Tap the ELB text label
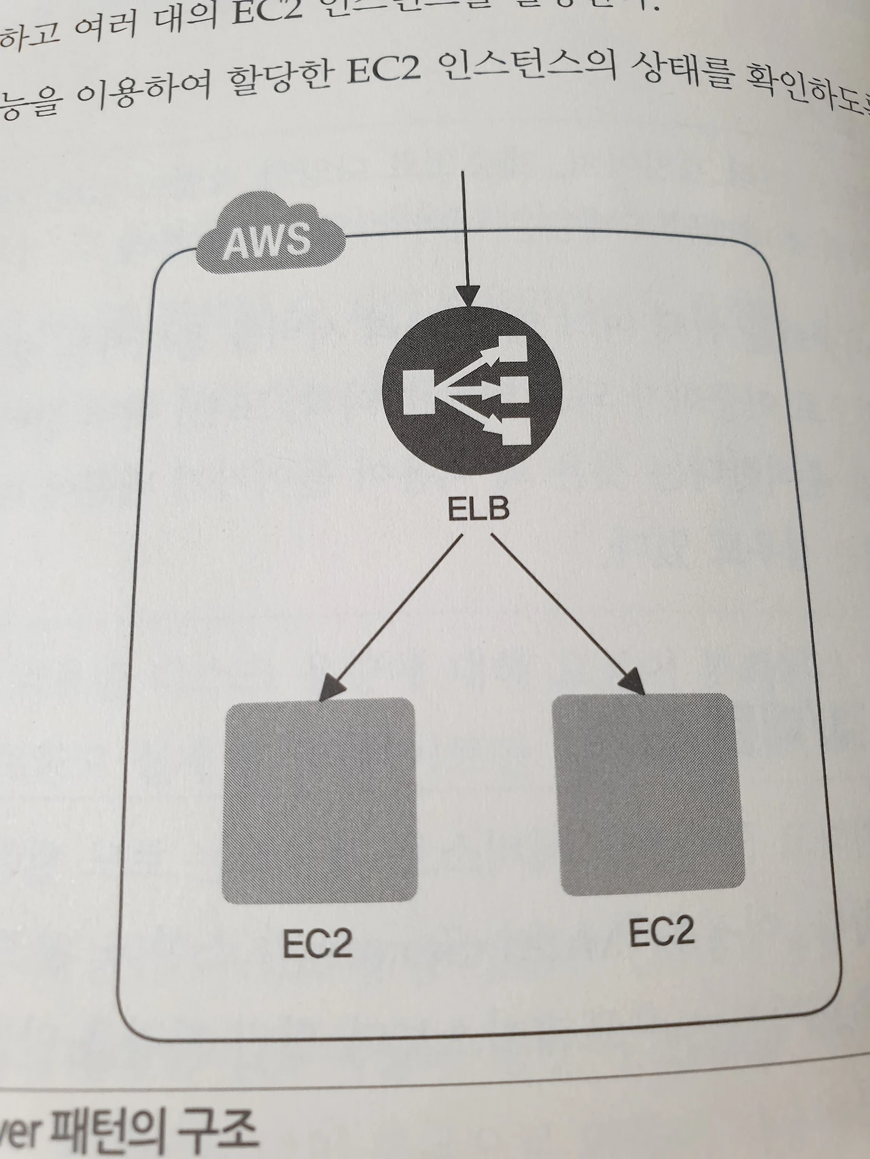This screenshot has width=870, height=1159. point(477,509)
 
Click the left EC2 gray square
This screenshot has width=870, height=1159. point(319,800)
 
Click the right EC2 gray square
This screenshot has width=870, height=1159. point(648,794)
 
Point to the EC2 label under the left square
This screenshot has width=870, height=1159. point(317,943)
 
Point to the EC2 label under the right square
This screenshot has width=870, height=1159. point(661,931)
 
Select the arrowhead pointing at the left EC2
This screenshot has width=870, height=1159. point(328,688)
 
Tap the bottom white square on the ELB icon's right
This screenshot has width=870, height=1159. point(517,431)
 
